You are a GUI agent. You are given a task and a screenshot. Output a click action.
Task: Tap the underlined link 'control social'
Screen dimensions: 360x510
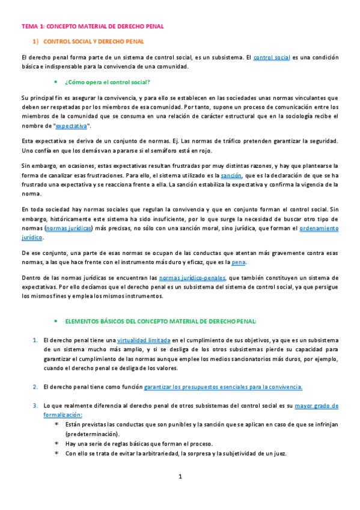coord(272,58)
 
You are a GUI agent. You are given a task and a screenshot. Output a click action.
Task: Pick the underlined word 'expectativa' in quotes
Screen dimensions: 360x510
coord(71,126)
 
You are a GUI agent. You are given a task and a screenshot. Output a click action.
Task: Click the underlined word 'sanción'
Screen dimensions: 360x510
coord(231,175)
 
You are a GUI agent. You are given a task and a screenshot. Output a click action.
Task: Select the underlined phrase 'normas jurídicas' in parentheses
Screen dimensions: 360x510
coord(70,229)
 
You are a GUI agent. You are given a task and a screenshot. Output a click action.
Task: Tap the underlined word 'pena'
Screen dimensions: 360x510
coord(239,263)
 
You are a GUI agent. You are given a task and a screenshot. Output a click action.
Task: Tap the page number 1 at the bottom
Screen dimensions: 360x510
coord(180,476)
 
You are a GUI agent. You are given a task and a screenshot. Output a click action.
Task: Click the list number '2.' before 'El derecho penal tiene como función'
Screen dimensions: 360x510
coord(35,386)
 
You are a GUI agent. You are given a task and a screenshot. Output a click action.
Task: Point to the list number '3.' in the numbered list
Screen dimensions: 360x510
coord(35,406)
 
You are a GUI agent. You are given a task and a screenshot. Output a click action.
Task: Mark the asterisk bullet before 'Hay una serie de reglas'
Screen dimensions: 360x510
coord(56,444)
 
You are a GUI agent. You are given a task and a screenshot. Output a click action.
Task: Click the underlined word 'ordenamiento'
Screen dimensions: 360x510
coord(319,229)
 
